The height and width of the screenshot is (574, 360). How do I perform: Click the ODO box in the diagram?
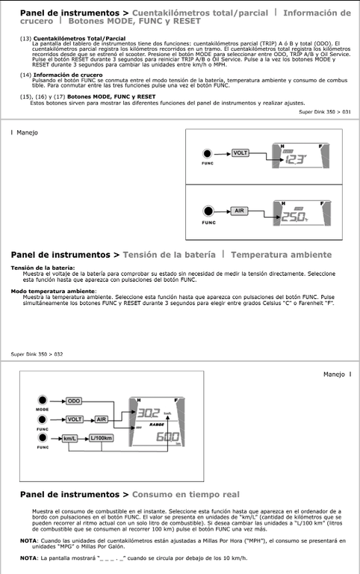coord(74,401)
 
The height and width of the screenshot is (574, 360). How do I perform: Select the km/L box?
coord(70,438)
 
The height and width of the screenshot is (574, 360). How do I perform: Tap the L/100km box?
coord(101,438)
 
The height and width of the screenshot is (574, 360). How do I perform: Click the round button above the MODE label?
coord(43,400)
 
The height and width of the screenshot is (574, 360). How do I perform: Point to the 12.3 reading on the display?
coord(295,160)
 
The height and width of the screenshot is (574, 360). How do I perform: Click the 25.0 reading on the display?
coord(293,217)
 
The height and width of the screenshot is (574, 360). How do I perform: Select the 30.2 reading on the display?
coord(148,413)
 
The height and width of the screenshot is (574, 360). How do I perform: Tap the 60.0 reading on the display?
coord(167,436)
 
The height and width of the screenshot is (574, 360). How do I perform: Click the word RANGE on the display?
coord(157,425)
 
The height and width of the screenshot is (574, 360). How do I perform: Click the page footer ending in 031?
coord(325,112)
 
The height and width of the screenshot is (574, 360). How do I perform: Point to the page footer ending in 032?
coord(37,354)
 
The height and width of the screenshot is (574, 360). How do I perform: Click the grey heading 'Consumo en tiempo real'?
coord(186,494)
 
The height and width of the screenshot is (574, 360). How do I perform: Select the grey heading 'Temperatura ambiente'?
coord(282,255)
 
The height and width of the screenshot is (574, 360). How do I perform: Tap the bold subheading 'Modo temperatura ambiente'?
coord(53,291)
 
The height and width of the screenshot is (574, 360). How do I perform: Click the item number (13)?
coord(25,38)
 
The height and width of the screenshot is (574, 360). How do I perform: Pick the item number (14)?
coord(25,75)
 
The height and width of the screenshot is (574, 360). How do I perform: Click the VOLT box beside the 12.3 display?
coord(240,153)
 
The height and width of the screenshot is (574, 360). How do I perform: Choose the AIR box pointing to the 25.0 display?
coord(239,211)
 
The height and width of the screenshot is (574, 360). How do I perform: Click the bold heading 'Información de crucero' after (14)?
coord(68,75)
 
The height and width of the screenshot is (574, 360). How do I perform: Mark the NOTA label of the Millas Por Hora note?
coord(28,540)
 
